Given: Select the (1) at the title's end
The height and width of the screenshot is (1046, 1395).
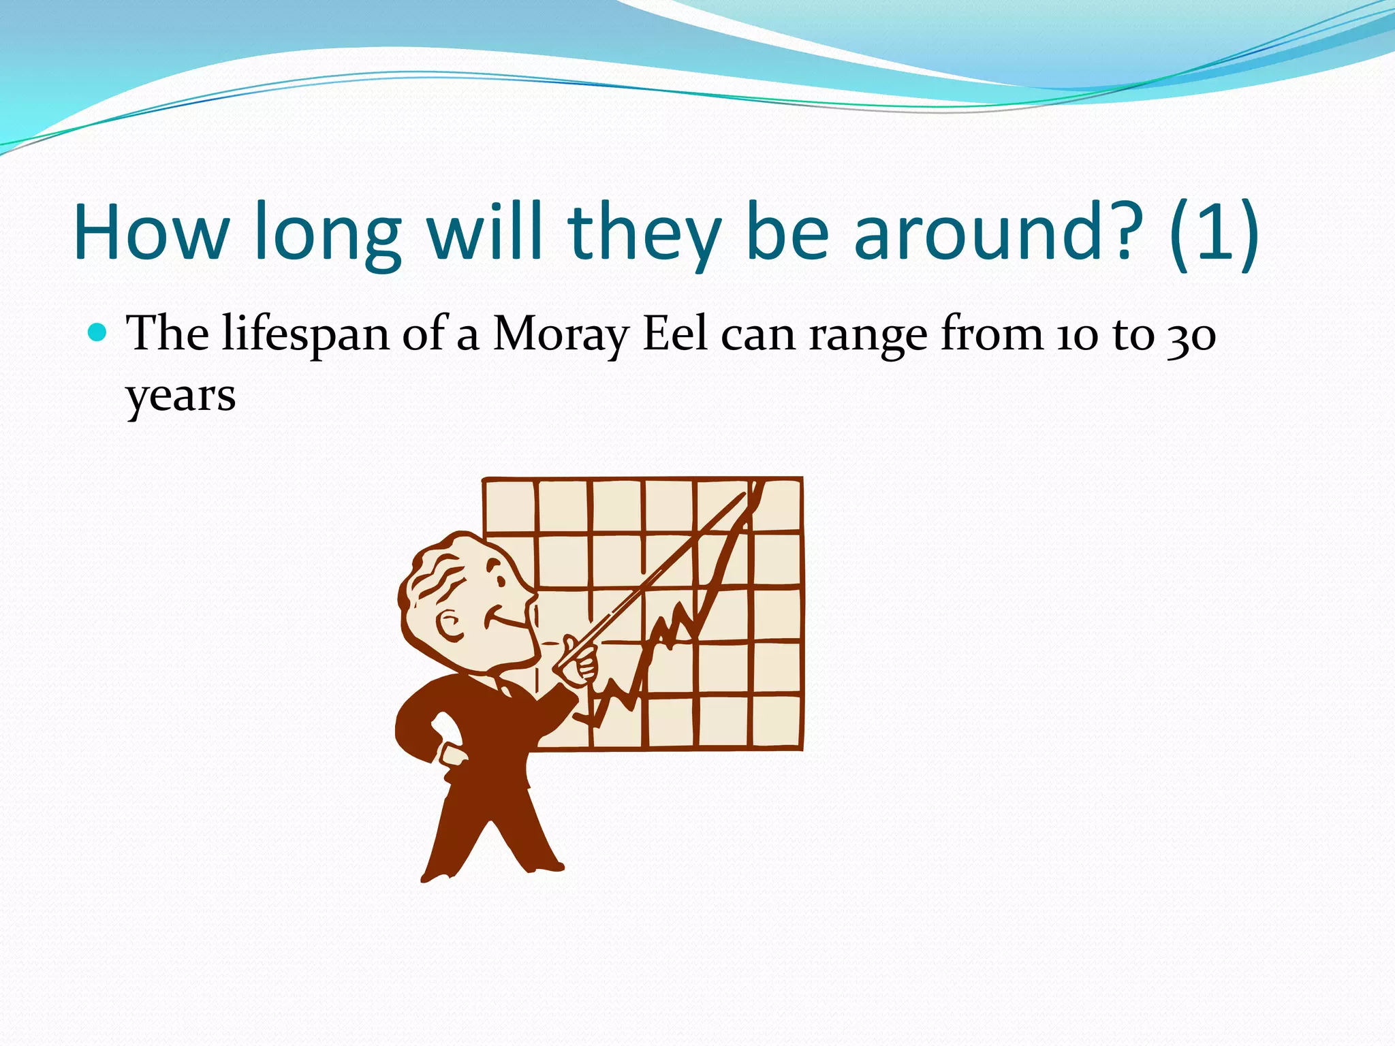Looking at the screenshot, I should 1214,233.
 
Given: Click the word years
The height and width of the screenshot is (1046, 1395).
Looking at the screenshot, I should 181,396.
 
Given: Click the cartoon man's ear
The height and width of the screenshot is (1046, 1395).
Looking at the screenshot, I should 450,625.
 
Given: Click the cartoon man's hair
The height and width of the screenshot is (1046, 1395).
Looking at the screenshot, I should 436,572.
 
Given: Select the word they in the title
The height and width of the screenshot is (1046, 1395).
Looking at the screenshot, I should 643,233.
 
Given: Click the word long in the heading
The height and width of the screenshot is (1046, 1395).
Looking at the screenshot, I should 327,233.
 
